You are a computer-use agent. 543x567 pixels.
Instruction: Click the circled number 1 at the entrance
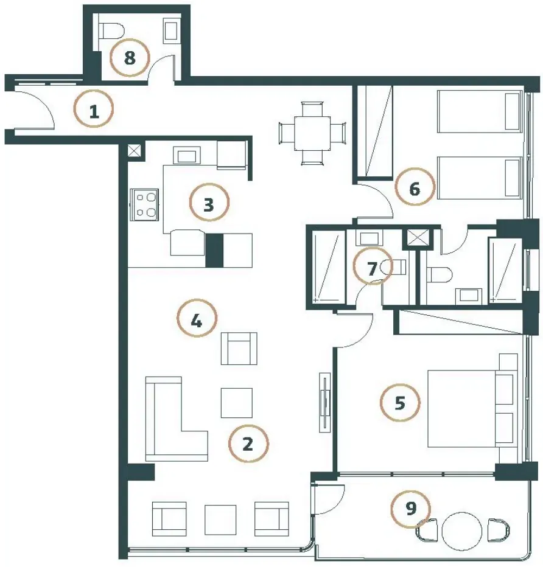(93, 108)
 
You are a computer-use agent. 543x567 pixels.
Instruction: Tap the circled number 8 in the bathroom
(130, 57)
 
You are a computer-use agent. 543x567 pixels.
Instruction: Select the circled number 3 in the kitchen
(209, 203)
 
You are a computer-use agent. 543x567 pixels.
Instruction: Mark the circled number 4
(197, 318)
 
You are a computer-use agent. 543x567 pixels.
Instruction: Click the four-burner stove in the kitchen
(144, 204)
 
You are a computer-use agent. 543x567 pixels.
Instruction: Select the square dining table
(312, 133)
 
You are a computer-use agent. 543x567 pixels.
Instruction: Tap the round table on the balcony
(461, 531)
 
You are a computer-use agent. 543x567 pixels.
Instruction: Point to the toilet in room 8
(111, 31)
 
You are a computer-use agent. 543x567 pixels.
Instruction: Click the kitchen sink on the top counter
(187, 156)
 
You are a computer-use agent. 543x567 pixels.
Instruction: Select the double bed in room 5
(471, 408)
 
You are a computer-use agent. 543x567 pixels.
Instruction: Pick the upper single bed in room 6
(478, 111)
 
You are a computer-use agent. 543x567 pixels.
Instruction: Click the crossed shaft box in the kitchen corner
(136, 151)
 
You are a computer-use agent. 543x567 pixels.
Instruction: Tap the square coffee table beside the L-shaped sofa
(237, 403)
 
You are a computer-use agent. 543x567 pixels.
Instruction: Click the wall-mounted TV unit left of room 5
(325, 402)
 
